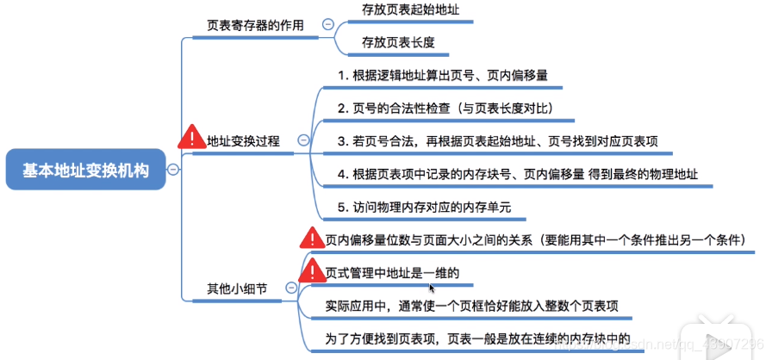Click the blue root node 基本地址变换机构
pos(84,170)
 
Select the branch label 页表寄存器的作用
pos(255,25)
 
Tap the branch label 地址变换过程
pos(244,140)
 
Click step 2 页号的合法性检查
pos(445,109)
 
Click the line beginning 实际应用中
pos(470,306)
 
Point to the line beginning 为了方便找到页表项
pos(472,338)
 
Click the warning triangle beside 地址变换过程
pos(190,137)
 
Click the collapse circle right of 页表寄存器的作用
pos(327,25)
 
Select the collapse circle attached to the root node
pos(173,170)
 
